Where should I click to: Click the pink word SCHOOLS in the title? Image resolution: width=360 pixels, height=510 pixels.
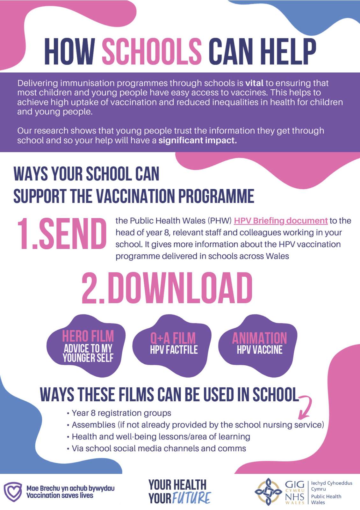pyautogui.click(x=152, y=51)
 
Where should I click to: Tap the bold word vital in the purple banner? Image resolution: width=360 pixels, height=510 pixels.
pyautogui.click(x=254, y=83)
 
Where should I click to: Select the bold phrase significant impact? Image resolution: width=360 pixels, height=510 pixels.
pyautogui.click(x=198, y=141)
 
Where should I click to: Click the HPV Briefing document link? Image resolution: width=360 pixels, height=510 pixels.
pyautogui.click(x=281, y=221)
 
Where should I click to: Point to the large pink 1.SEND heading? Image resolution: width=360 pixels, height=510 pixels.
pyautogui.click(x=61, y=234)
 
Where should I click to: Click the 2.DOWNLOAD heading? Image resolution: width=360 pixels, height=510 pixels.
pyautogui.click(x=167, y=288)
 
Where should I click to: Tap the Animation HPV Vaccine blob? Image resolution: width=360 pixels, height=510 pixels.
pyautogui.click(x=259, y=344)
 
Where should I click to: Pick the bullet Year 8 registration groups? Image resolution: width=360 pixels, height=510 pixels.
pyautogui.click(x=121, y=413)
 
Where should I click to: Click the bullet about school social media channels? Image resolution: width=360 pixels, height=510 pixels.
pyautogui.click(x=159, y=448)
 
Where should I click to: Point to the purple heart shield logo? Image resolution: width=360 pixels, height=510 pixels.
pyautogui.click(x=13, y=492)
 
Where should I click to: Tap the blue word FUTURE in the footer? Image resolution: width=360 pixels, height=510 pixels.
pyautogui.click(x=191, y=498)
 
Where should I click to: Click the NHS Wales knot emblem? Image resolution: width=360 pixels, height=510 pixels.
pyautogui.click(x=268, y=492)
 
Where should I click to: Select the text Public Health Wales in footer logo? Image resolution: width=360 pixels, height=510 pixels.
pyautogui.click(x=326, y=499)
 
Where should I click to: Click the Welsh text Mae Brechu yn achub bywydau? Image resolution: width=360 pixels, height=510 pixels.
pyautogui.click(x=70, y=488)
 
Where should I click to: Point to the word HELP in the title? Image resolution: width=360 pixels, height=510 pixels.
pyautogui.click(x=288, y=51)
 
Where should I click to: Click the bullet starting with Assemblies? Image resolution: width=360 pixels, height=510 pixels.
pyautogui.click(x=198, y=425)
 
